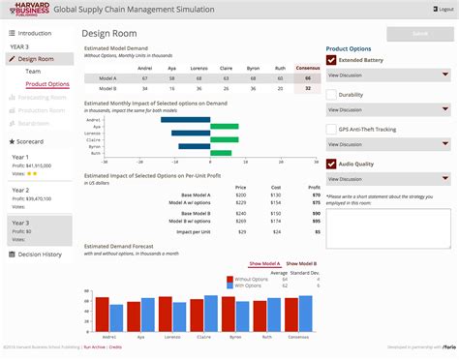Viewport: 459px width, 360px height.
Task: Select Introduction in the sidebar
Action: click(x=35, y=32)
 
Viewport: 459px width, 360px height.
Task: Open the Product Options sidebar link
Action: click(x=47, y=84)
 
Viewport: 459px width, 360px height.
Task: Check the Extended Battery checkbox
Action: click(x=331, y=60)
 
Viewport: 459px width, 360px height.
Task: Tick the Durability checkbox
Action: click(x=331, y=95)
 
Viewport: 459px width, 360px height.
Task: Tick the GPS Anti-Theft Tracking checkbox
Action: click(x=331, y=129)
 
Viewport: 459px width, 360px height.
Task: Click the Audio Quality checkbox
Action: click(x=331, y=164)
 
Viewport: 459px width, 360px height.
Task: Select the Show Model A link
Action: click(x=264, y=263)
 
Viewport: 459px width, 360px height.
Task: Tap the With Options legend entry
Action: click(x=247, y=285)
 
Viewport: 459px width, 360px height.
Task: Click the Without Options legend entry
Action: click(x=249, y=277)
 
